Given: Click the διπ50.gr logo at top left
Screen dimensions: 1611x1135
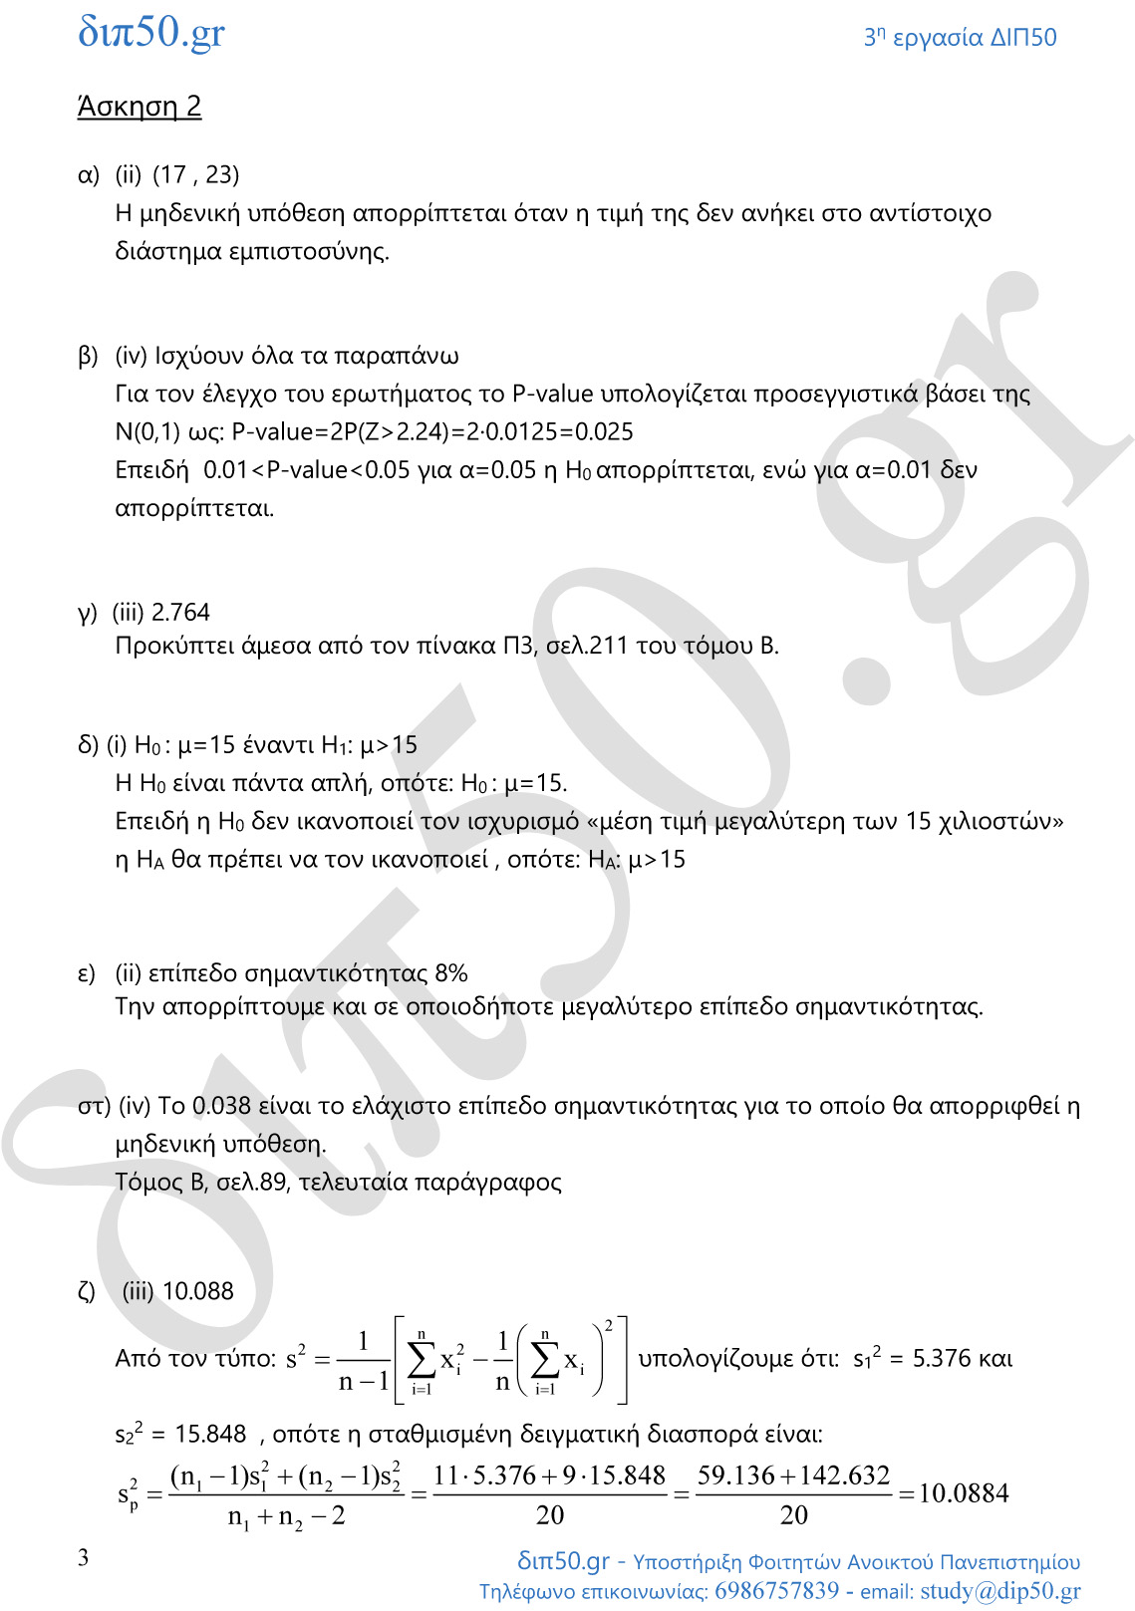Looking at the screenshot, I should point(151,33).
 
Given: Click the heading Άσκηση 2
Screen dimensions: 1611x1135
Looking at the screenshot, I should point(140,107).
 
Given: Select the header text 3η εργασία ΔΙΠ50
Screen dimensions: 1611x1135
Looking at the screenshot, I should point(960,38).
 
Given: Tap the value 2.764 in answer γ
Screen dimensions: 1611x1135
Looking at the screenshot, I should point(180,612).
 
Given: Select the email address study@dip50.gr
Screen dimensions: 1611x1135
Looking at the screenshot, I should point(999,1590).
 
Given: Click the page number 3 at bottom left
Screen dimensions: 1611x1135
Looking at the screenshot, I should point(83,1557).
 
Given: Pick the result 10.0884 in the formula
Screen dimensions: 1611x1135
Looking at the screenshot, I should point(963,1492).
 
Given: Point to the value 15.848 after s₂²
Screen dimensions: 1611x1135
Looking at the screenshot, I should point(210,1434).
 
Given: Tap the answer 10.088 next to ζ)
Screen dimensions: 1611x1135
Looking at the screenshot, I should point(197,1291).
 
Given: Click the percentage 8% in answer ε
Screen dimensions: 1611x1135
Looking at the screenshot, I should point(451,973).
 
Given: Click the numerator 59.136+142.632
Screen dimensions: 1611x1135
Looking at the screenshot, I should point(793,1476).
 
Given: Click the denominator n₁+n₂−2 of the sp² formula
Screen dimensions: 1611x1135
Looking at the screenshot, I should point(286,1516).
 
